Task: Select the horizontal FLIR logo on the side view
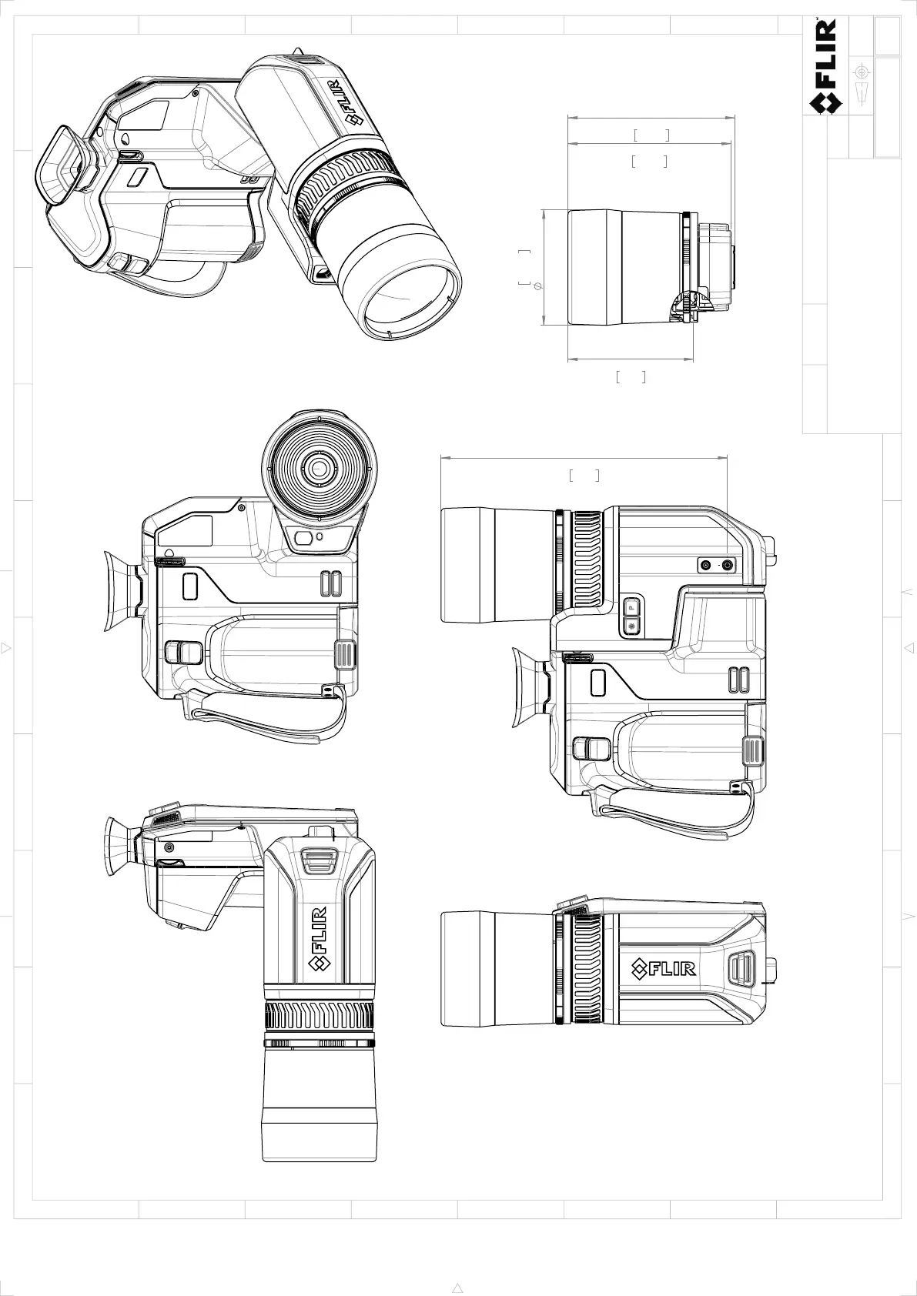point(663,969)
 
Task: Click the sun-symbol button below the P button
point(631,626)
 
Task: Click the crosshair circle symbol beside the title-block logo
point(862,72)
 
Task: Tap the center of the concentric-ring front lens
point(319,469)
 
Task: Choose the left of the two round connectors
point(706,565)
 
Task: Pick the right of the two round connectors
point(728,565)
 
